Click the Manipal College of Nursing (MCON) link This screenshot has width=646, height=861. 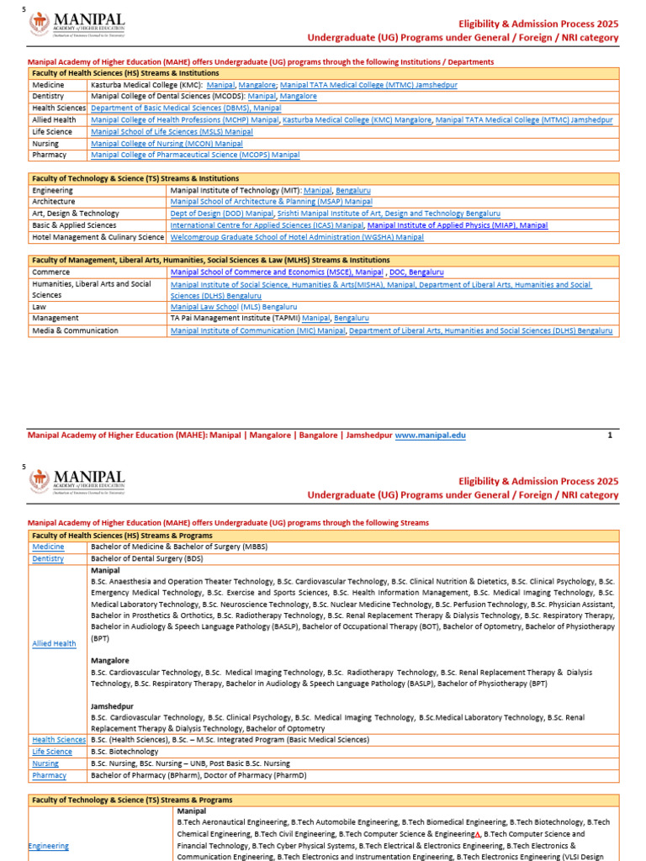click(167, 144)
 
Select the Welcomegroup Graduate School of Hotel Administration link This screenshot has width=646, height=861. click(297, 238)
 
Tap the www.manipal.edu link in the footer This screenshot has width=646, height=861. click(430, 436)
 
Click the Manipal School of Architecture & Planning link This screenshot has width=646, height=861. click(271, 203)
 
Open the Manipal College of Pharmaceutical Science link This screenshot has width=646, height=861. click(195, 156)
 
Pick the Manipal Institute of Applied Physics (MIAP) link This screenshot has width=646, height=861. click(458, 226)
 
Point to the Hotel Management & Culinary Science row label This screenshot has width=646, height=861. click(98, 238)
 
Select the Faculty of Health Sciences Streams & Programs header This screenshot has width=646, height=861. click(122, 536)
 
